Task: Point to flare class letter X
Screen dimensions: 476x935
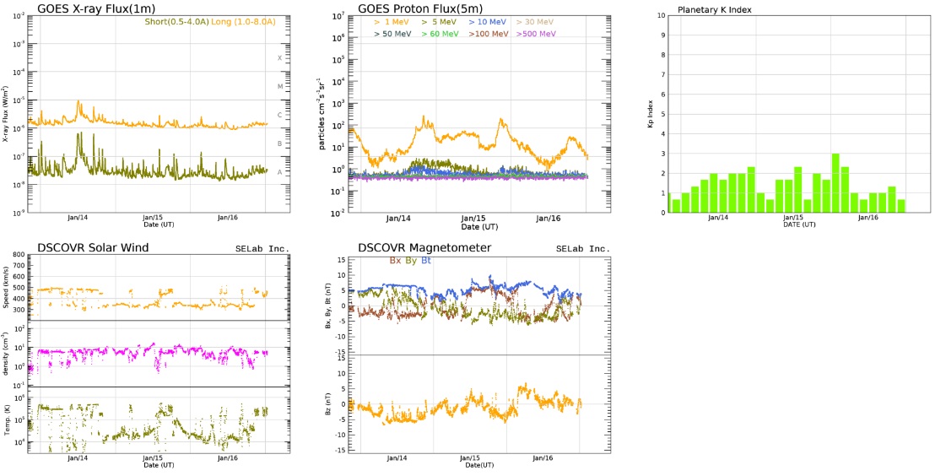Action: pos(279,58)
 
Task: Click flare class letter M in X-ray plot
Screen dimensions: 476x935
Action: pos(279,87)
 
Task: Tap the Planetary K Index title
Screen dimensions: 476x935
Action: pos(715,10)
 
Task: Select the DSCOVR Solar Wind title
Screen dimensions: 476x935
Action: pos(93,247)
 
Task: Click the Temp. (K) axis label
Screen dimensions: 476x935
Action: pos(8,420)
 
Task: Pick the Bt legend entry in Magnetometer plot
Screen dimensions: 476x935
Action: pos(426,261)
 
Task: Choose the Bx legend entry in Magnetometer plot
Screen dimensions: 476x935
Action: pos(395,261)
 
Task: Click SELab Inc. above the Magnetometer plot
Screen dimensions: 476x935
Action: pos(582,249)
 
